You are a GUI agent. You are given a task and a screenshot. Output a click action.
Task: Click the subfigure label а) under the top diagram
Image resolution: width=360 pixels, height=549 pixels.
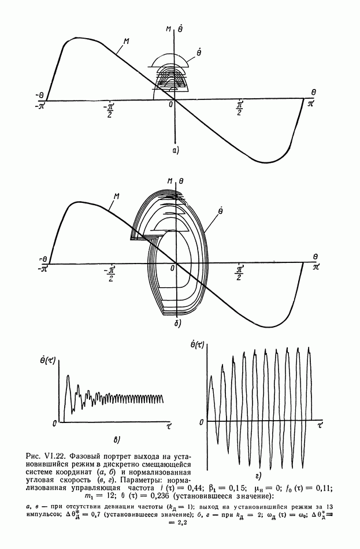(176, 151)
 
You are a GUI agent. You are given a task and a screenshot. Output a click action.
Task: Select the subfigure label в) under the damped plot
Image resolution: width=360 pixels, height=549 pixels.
(117, 440)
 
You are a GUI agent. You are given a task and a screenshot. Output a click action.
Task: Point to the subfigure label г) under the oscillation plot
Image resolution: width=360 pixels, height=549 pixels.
(258, 476)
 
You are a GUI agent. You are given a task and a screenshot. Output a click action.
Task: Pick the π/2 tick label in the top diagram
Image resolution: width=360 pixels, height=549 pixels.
(240, 108)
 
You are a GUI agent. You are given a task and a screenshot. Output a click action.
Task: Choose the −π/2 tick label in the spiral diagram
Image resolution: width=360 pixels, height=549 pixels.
(109, 273)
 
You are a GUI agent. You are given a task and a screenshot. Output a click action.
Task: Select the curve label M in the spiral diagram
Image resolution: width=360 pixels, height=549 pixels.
(117, 196)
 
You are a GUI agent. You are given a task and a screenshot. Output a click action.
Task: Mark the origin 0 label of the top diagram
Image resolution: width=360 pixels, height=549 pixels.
(171, 105)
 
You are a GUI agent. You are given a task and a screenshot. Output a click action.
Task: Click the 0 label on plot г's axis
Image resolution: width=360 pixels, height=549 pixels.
(201, 422)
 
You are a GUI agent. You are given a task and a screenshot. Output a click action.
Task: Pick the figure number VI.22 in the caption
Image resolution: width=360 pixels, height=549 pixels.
(55, 456)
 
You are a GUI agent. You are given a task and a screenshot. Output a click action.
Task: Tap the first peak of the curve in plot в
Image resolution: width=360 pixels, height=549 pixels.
(68, 376)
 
